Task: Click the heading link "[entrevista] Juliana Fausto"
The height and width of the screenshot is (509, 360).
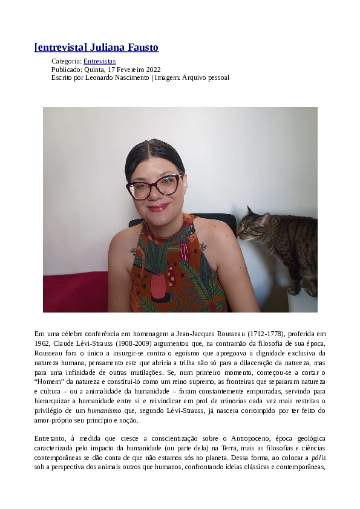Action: (97, 47)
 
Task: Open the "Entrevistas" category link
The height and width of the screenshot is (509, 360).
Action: (99, 61)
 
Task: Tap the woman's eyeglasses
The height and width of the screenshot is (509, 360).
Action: (154, 186)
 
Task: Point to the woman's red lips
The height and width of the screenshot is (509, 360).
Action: (157, 207)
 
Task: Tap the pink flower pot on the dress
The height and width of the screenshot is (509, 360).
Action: (159, 285)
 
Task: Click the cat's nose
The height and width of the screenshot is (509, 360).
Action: (239, 231)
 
